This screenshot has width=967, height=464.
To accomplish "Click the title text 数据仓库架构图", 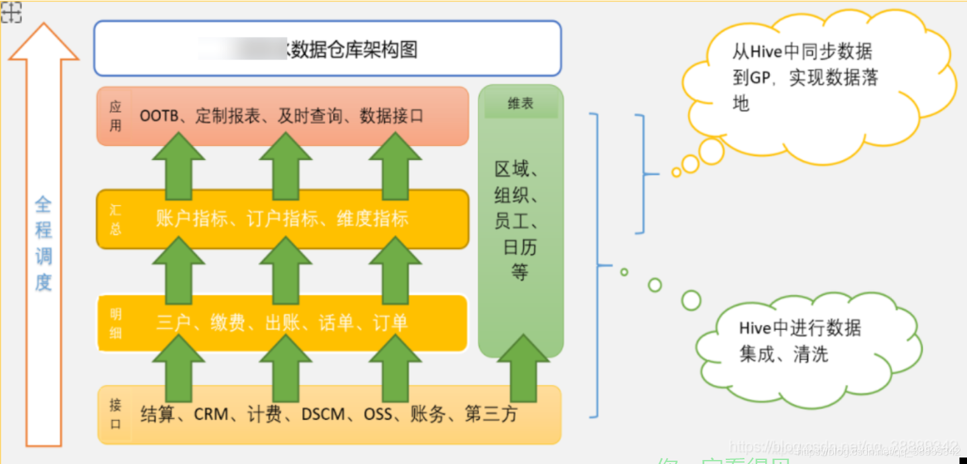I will [354, 50].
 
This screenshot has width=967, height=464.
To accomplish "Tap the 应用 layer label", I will [116, 116].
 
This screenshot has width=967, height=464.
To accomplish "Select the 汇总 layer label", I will [115, 220].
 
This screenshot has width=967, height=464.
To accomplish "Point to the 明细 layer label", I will [115, 323].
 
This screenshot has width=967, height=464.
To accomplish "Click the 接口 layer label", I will [116, 414].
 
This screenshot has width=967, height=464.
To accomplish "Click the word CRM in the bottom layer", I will [212, 414].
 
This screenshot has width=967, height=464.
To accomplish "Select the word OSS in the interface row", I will [378, 414].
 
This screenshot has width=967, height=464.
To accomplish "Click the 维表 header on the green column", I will [521, 104].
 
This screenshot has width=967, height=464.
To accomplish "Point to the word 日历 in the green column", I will [520, 248].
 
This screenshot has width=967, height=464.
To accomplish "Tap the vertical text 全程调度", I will [44, 243].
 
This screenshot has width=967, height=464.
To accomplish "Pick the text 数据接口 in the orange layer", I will [391, 116].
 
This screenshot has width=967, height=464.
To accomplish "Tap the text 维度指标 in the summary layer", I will [373, 219].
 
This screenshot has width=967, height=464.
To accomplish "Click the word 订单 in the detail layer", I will [390, 323].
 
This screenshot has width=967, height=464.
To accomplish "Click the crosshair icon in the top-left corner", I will [11, 12].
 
